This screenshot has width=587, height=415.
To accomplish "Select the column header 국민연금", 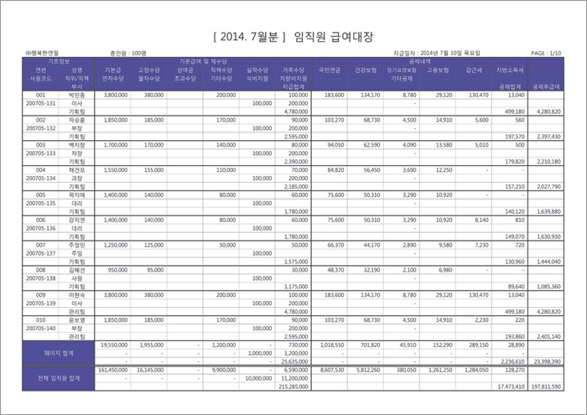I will [334, 70].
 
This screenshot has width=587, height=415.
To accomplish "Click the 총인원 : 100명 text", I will [127, 53].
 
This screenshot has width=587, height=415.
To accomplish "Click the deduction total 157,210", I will [512, 186].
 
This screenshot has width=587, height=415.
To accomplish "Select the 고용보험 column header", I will [439, 70].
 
